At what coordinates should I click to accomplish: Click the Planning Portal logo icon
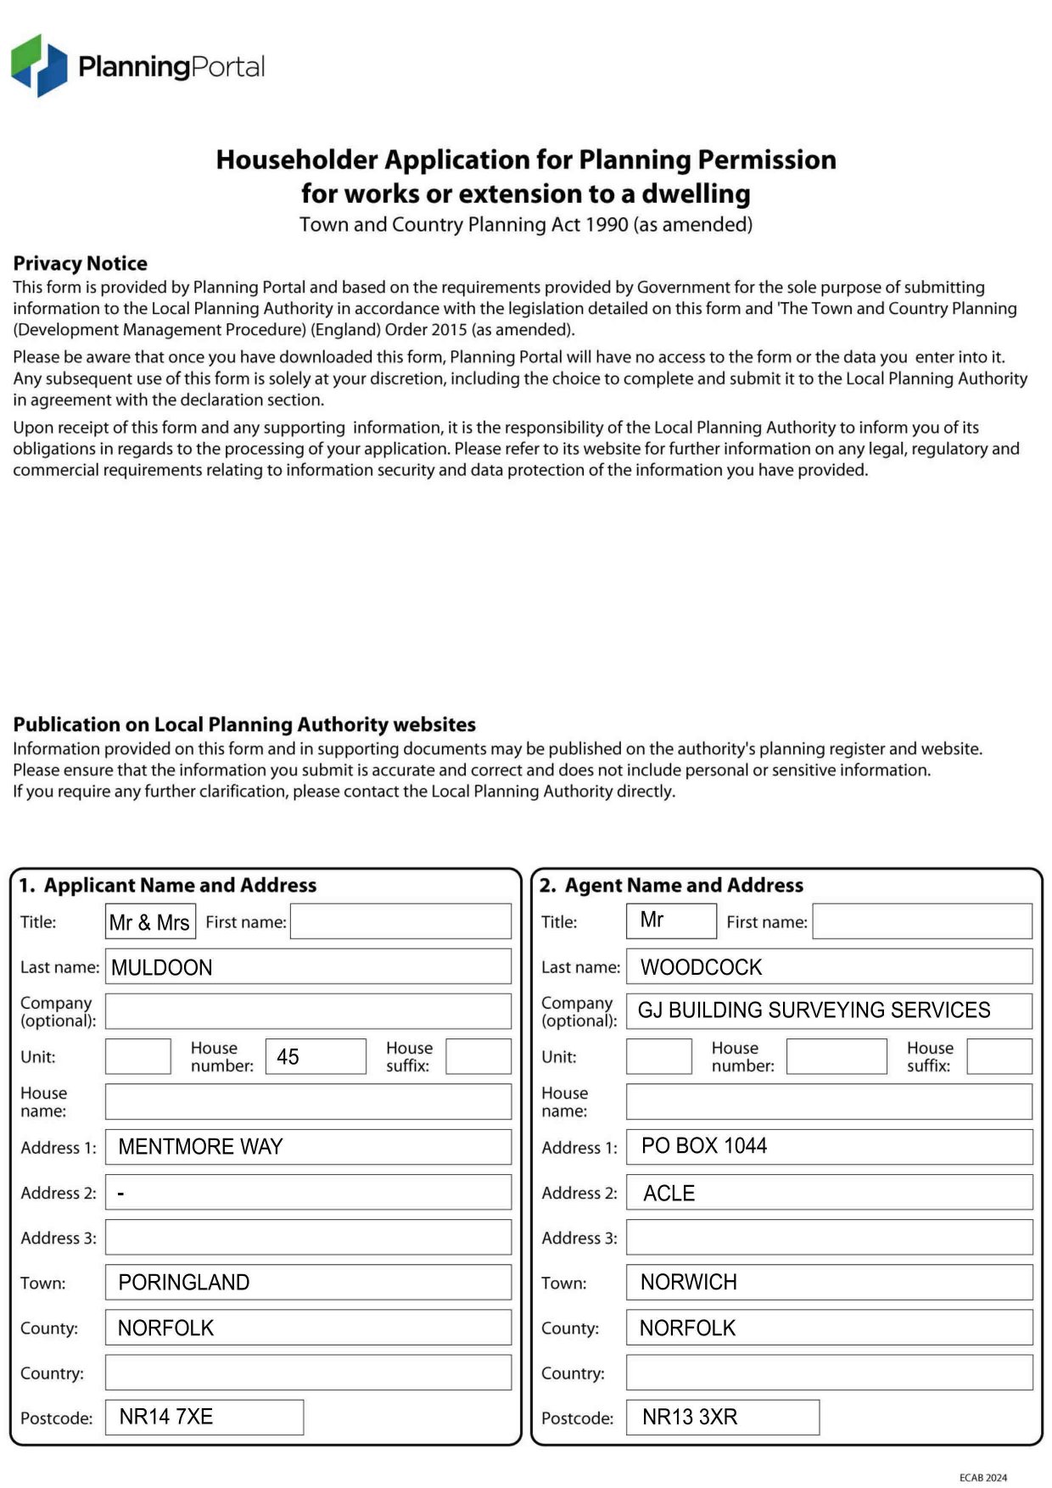[x=39, y=65]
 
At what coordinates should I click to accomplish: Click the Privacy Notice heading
[x=80, y=263]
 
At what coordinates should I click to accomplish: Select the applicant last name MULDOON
[x=161, y=967]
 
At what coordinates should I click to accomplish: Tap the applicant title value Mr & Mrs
[x=149, y=922]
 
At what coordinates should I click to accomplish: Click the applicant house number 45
[x=288, y=1057]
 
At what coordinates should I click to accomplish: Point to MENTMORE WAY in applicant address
[x=200, y=1147]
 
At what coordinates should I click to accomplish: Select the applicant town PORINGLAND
[x=183, y=1283]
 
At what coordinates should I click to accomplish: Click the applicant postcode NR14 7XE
[x=165, y=1417]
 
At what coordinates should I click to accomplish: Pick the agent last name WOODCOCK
[x=701, y=967]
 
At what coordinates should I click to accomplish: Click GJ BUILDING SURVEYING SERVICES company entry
[x=814, y=1010]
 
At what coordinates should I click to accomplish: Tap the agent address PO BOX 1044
[x=703, y=1146]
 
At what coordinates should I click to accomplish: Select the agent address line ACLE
[x=669, y=1194]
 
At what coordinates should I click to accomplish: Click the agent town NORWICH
[x=688, y=1283]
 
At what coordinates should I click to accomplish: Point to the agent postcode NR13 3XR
[x=689, y=1418]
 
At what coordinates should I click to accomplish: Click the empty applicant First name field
[x=400, y=922]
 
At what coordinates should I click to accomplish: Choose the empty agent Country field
[x=829, y=1373]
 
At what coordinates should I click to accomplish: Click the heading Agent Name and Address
[x=683, y=886]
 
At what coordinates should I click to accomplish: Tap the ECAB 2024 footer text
[x=982, y=1478]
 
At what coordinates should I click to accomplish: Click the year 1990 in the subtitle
[x=607, y=225]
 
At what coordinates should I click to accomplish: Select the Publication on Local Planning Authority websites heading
[x=244, y=724]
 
